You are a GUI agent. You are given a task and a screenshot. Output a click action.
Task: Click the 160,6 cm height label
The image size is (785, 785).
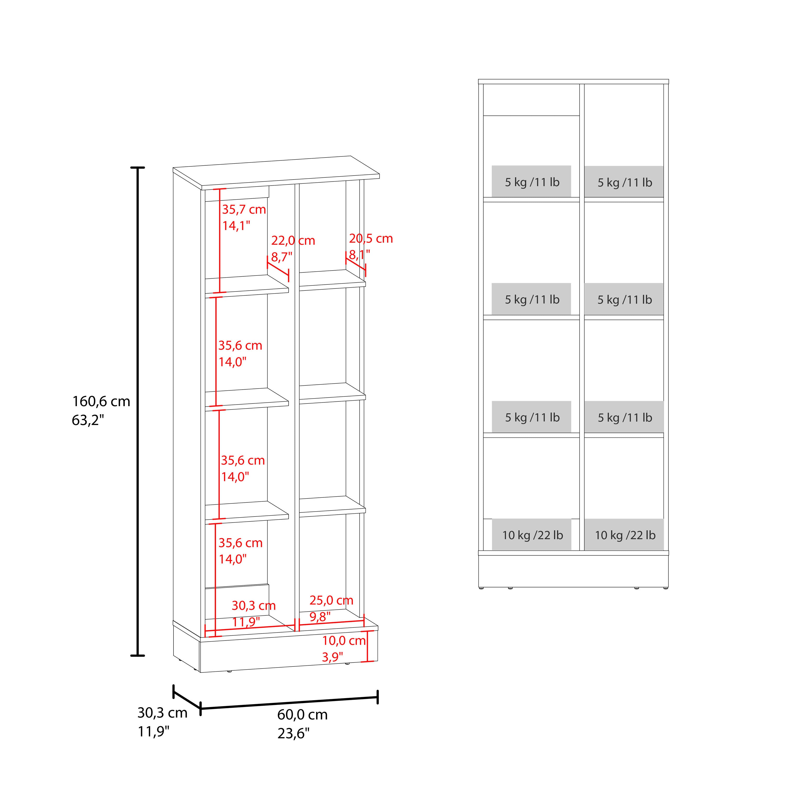point(101,401)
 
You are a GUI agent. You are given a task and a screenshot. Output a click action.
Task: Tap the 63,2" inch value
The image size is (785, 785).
point(88,420)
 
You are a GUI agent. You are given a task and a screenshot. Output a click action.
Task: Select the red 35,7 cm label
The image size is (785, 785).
point(244,210)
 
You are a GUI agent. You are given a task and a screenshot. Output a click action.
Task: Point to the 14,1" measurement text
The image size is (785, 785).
point(236,226)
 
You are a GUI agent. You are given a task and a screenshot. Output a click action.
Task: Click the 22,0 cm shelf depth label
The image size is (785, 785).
point(293,240)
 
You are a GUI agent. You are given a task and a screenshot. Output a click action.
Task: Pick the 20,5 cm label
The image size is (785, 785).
point(371,238)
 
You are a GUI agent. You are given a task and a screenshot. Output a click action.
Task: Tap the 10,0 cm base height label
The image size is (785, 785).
point(344,641)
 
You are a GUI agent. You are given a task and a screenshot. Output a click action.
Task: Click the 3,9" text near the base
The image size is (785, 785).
point(332,657)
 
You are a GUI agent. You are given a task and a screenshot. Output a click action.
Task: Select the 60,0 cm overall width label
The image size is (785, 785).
point(302,715)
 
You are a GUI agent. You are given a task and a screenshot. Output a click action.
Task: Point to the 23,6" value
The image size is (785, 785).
point(293,733)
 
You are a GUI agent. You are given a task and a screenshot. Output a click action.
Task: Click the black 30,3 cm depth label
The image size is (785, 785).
point(162,713)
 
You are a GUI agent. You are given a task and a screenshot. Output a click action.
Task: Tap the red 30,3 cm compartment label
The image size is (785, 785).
point(254,605)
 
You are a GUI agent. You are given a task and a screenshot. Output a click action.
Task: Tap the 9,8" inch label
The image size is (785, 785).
point(320,616)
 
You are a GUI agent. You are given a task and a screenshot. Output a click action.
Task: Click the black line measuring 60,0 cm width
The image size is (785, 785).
point(289,703)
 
